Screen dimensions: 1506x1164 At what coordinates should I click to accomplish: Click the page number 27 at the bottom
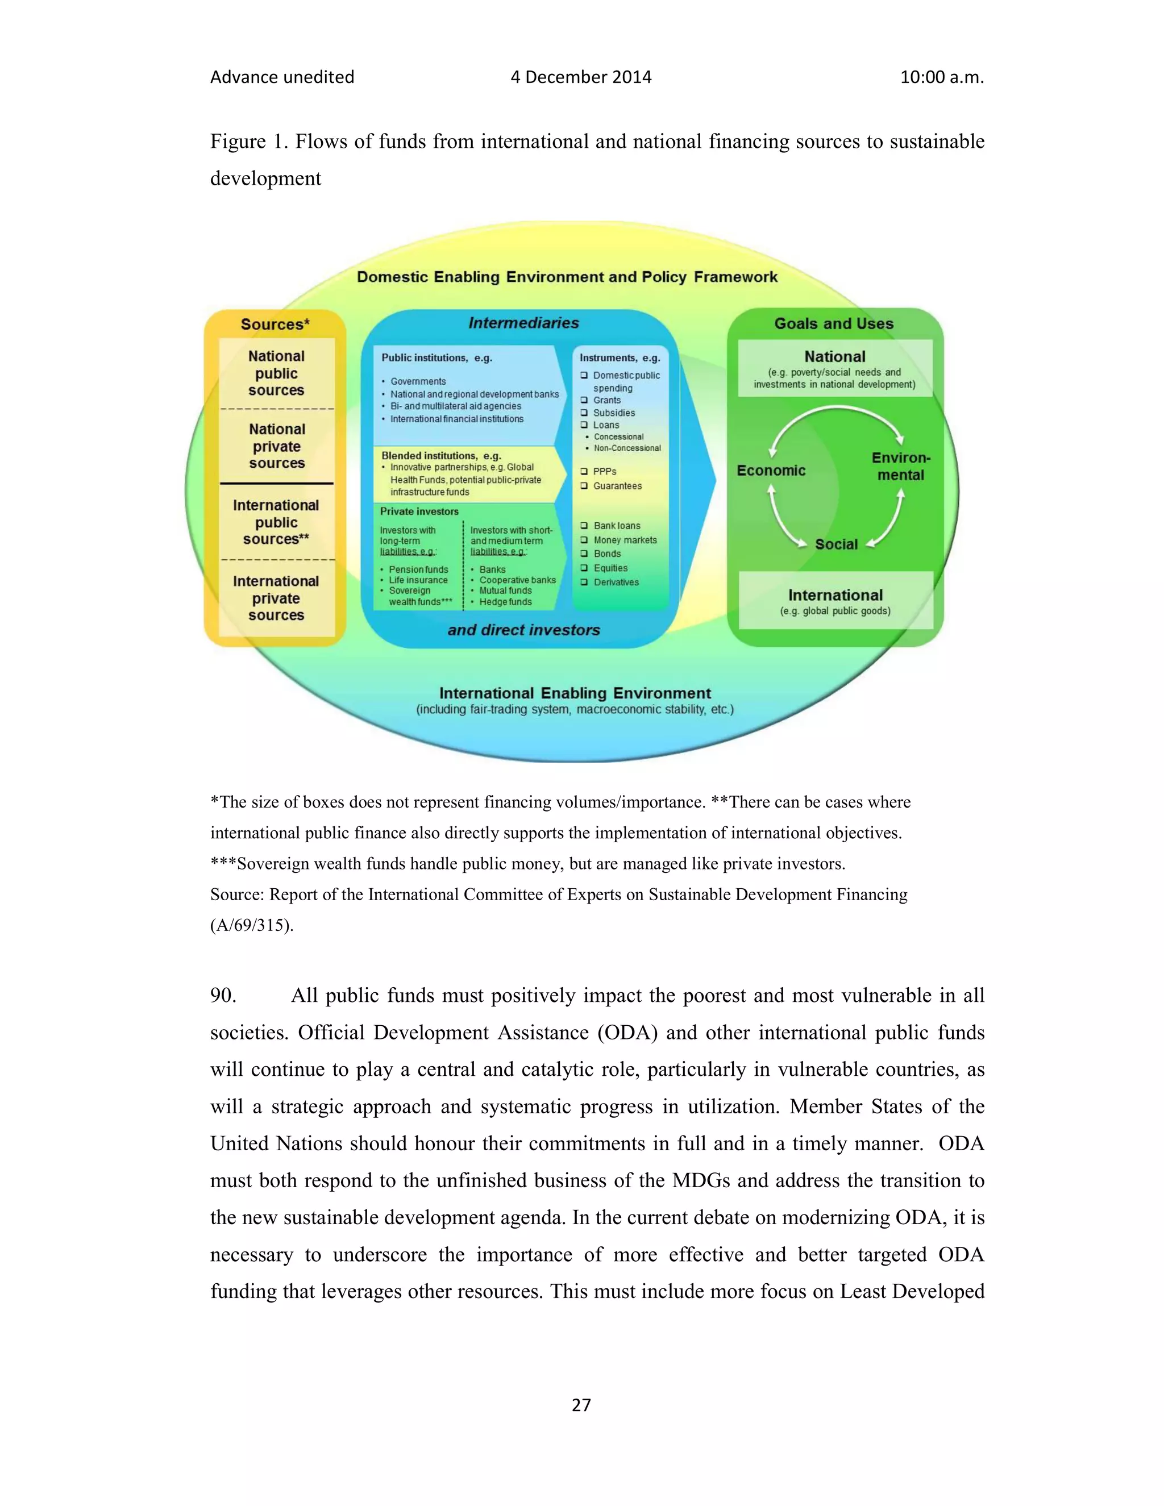pyautogui.click(x=581, y=1405)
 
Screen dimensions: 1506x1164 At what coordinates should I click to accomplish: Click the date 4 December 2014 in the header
pyautogui.click(x=581, y=77)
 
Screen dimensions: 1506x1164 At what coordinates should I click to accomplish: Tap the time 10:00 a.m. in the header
pyautogui.click(x=941, y=77)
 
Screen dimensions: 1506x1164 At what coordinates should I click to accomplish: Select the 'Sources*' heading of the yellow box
pyautogui.click(x=275, y=324)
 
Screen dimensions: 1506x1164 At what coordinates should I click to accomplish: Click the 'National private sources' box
pyautogui.click(x=277, y=446)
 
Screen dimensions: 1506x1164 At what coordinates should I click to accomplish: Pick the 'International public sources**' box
pyautogui.click(x=276, y=522)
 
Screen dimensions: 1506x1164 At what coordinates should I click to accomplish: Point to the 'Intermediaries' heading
pyautogui.click(x=523, y=323)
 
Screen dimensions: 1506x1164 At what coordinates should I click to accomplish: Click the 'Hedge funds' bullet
pyautogui.click(x=505, y=602)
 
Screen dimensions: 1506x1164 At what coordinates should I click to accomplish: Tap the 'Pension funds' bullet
pyautogui.click(x=418, y=569)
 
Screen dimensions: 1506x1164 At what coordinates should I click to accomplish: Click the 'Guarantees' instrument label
pyautogui.click(x=617, y=486)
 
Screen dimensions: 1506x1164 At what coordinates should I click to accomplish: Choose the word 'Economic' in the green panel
pyautogui.click(x=771, y=471)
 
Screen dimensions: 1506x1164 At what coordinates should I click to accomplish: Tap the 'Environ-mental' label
pyautogui.click(x=901, y=467)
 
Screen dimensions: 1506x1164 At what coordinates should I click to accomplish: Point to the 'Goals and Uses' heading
pyautogui.click(x=834, y=323)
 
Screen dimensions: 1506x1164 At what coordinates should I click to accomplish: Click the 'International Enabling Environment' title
pyautogui.click(x=575, y=693)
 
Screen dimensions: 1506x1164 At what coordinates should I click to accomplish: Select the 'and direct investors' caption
pyautogui.click(x=523, y=630)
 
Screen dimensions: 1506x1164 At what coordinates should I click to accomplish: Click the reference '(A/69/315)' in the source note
pyautogui.click(x=252, y=925)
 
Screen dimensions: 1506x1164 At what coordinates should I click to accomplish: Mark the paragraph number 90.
pyautogui.click(x=223, y=995)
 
